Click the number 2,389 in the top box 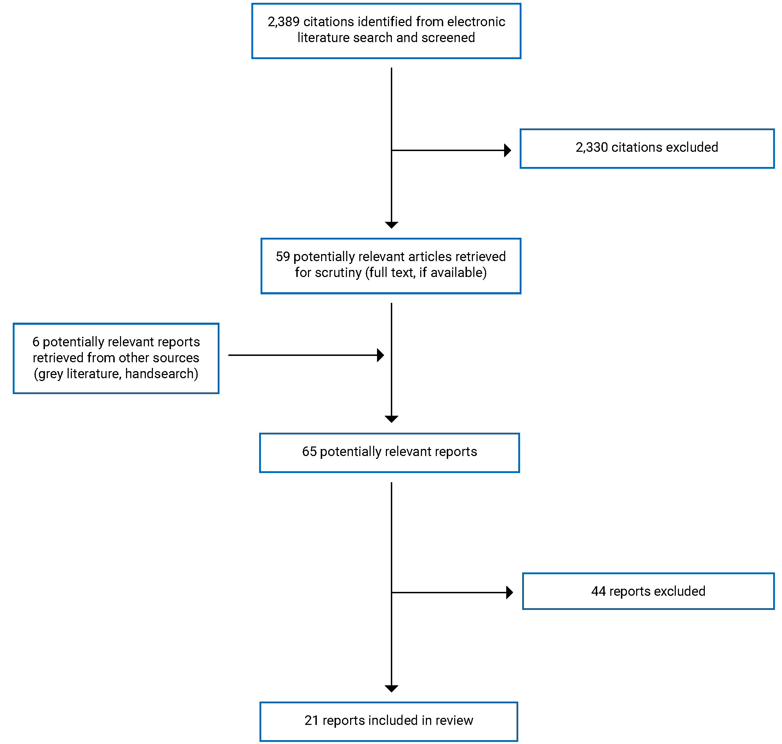click(x=283, y=22)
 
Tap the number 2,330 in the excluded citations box click(x=591, y=148)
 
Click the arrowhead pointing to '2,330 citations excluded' click(x=507, y=150)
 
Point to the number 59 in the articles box click(x=282, y=256)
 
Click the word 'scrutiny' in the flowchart click(x=338, y=273)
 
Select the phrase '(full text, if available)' click(x=426, y=273)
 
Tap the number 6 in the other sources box click(x=36, y=342)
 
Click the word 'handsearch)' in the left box click(x=161, y=374)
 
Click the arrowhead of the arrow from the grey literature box click(x=380, y=355)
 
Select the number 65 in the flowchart click(x=309, y=452)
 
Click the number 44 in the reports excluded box click(x=598, y=591)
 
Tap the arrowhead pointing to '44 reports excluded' click(x=509, y=593)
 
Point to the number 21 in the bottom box click(x=311, y=721)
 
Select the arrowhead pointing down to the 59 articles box click(x=391, y=225)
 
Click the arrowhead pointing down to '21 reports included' click(x=391, y=689)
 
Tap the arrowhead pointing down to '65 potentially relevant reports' click(x=391, y=419)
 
